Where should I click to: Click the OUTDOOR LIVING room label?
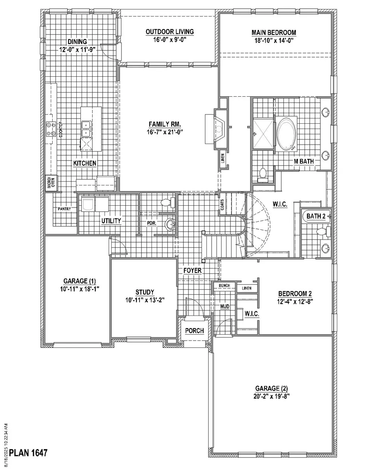coord(170,32)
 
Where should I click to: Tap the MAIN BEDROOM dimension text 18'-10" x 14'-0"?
coord(274,41)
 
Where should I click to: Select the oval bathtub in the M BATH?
coord(286,134)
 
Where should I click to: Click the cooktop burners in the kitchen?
coord(51,129)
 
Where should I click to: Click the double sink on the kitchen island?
coord(87,129)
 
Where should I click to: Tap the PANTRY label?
coord(64,209)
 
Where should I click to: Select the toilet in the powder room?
coord(168,202)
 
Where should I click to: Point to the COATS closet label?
coord(222,205)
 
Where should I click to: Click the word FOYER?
coord(192,270)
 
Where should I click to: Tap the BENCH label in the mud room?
coord(224,285)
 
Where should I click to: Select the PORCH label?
coord(194,331)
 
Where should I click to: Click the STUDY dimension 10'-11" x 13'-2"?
coord(145,300)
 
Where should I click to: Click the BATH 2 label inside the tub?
coord(316,216)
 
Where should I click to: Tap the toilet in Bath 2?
coord(324,232)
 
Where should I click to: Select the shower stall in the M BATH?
coord(263,133)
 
